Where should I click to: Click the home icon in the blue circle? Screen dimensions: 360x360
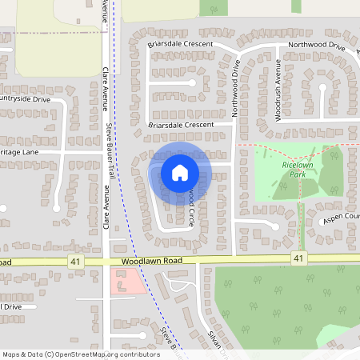tap(180, 172)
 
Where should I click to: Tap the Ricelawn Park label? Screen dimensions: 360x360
tap(294, 169)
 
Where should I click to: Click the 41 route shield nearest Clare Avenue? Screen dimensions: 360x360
tap(75, 262)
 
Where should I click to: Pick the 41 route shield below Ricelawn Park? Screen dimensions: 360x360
tap(298, 258)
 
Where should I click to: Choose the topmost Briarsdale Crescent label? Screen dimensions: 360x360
tap(180, 44)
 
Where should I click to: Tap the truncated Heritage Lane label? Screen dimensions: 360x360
tap(18, 151)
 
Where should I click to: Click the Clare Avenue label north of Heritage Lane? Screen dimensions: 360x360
tap(105, 88)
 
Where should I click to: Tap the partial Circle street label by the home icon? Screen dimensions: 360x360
tap(191, 210)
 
